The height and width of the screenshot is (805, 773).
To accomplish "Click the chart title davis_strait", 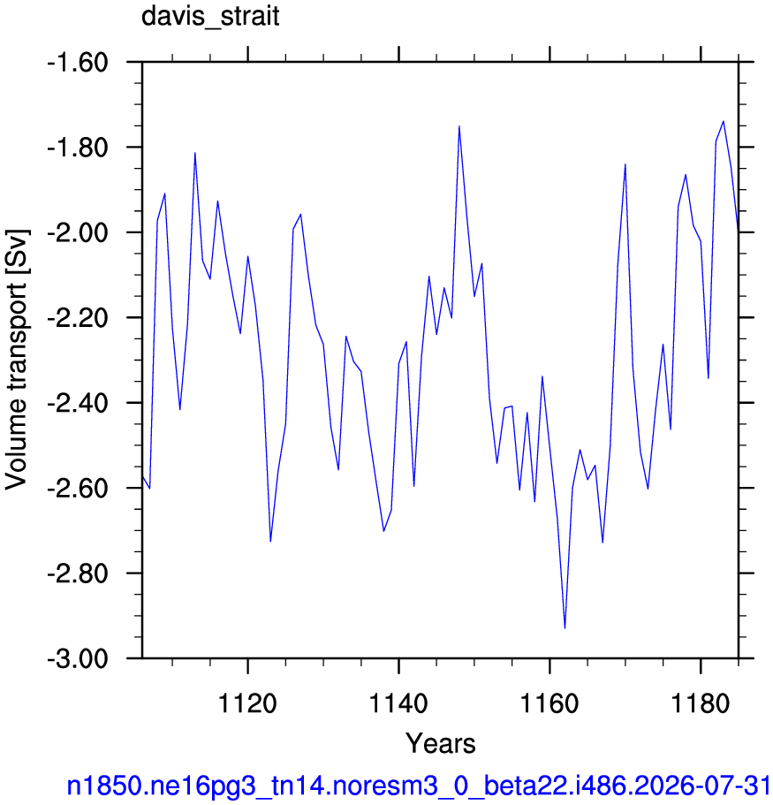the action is (x=210, y=17).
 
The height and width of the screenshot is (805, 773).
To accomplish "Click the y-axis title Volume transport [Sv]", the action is (x=17, y=360).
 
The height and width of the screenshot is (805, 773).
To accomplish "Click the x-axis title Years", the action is (x=441, y=743).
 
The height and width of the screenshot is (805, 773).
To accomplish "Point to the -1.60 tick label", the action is (x=78, y=63).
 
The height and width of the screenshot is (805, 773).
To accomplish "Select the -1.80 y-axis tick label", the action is (x=78, y=148).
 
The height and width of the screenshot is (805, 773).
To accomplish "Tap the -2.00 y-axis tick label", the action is (x=78, y=233).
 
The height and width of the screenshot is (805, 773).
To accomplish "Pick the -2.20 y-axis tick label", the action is (x=78, y=318).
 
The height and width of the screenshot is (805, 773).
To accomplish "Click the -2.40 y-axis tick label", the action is (x=78, y=404).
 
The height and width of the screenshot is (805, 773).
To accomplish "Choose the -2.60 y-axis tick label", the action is (x=78, y=489).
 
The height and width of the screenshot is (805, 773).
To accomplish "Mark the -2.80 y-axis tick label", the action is (x=78, y=573).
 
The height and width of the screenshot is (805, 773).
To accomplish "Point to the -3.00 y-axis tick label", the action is (x=78, y=658).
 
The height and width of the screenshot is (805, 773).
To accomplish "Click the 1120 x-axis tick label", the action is (x=247, y=702).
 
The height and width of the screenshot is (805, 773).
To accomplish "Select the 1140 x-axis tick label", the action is (x=398, y=702).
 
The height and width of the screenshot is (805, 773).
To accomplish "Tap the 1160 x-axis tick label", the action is (x=549, y=702).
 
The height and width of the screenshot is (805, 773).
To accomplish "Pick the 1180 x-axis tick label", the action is (x=700, y=702).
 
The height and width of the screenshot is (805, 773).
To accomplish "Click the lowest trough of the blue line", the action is (x=565, y=628).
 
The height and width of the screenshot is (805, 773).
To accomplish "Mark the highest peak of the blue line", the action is (x=724, y=121).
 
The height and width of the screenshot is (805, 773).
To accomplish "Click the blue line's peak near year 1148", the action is (x=458, y=125).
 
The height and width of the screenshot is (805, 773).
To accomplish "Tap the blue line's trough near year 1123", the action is (x=270, y=541).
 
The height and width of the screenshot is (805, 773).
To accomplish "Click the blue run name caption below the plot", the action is (x=419, y=786).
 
